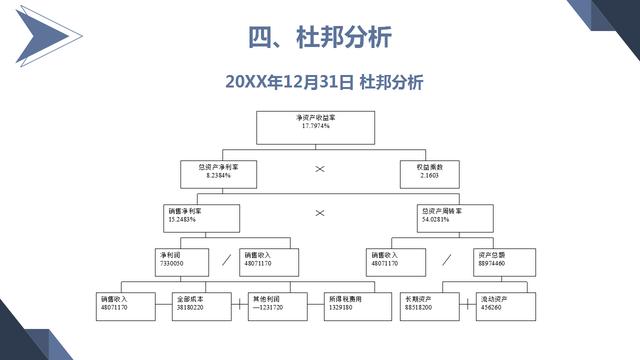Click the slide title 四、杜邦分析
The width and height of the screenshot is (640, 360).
[319, 37]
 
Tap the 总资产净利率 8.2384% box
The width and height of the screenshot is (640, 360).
[221, 173]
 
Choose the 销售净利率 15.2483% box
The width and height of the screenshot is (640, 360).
[203, 217]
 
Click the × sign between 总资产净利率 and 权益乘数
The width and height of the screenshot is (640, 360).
[320, 169]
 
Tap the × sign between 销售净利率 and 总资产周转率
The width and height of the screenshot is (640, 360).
[320, 213]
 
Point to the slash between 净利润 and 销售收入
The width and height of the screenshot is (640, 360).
[226, 258]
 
